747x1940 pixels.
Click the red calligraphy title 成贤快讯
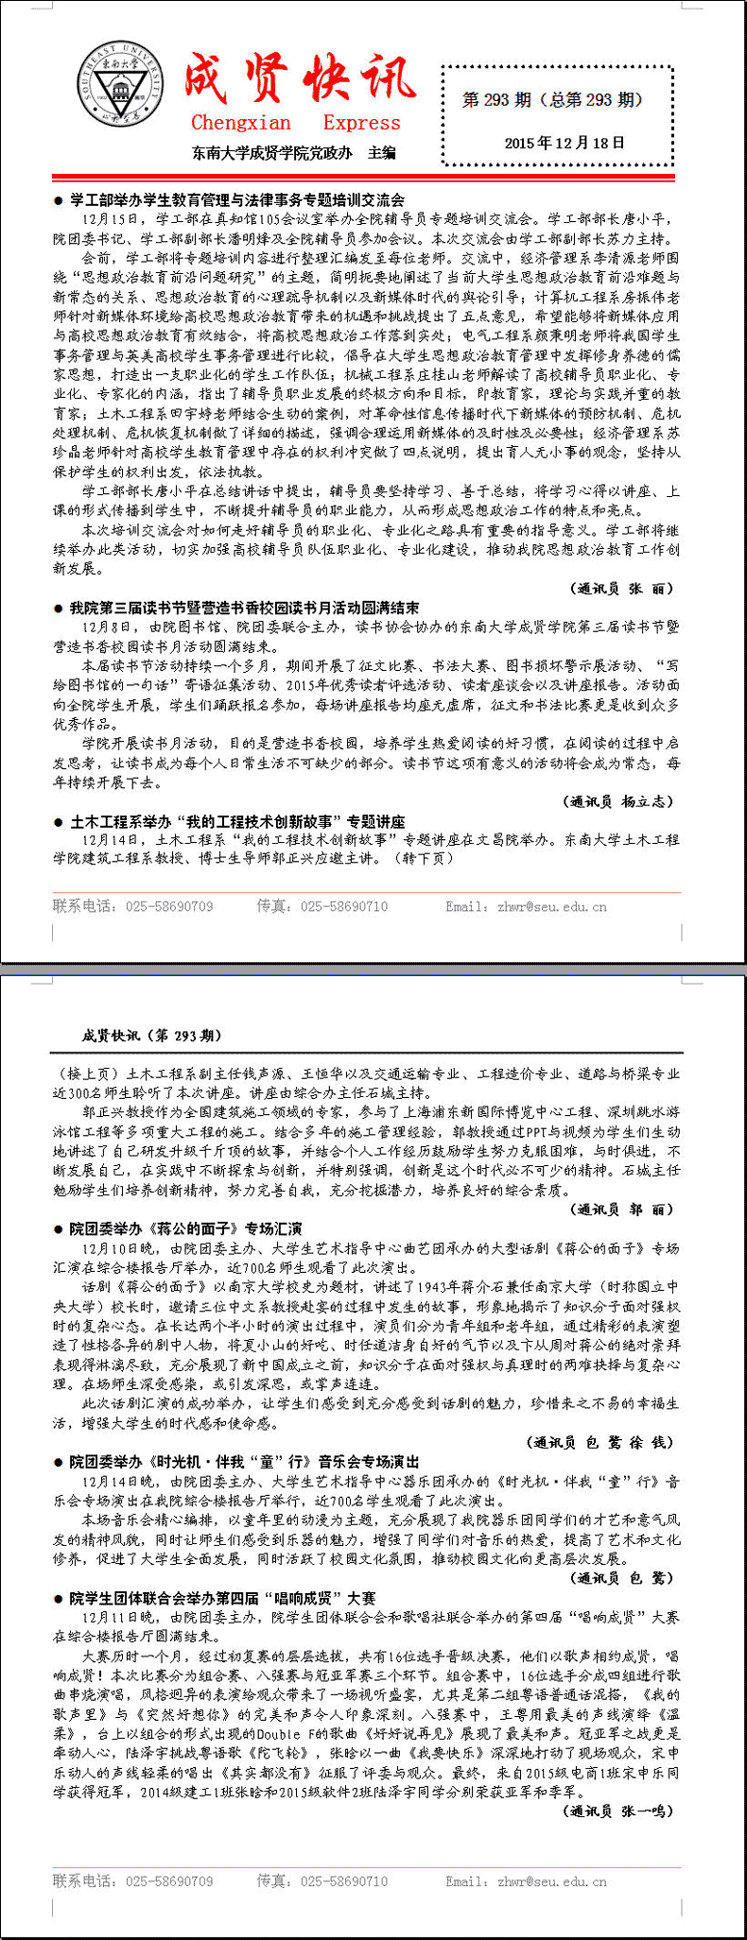pyautogui.click(x=299, y=77)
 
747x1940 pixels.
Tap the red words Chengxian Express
pyautogui.click(x=295, y=123)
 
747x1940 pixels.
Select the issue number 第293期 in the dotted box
pyautogui.click(x=553, y=99)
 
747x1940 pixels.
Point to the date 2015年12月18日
pyautogui.click(x=565, y=143)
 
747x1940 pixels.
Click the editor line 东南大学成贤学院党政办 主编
pyautogui.click(x=294, y=152)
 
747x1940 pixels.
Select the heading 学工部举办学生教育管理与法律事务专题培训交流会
pyautogui.click(x=236, y=199)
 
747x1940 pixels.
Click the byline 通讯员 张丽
pyautogui.click(x=624, y=588)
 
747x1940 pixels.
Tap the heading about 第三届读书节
pyautogui.click(x=244, y=608)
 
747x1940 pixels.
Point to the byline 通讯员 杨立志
pyautogui.click(x=619, y=801)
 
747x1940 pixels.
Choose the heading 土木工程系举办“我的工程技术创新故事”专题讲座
pyautogui.click(x=237, y=821)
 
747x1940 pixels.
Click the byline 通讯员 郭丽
pyautogui.click(x=623, y=1210)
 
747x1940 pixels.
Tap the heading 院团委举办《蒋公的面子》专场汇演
pyautogui.click(x=185, y=1228)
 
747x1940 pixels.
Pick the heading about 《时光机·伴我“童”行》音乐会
pyautogui.click(x=244, y=1462)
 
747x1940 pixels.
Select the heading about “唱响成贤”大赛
pyautogui.click(x=222, y=1599)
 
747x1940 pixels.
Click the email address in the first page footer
pyautogui.click(x=527, y=906)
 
